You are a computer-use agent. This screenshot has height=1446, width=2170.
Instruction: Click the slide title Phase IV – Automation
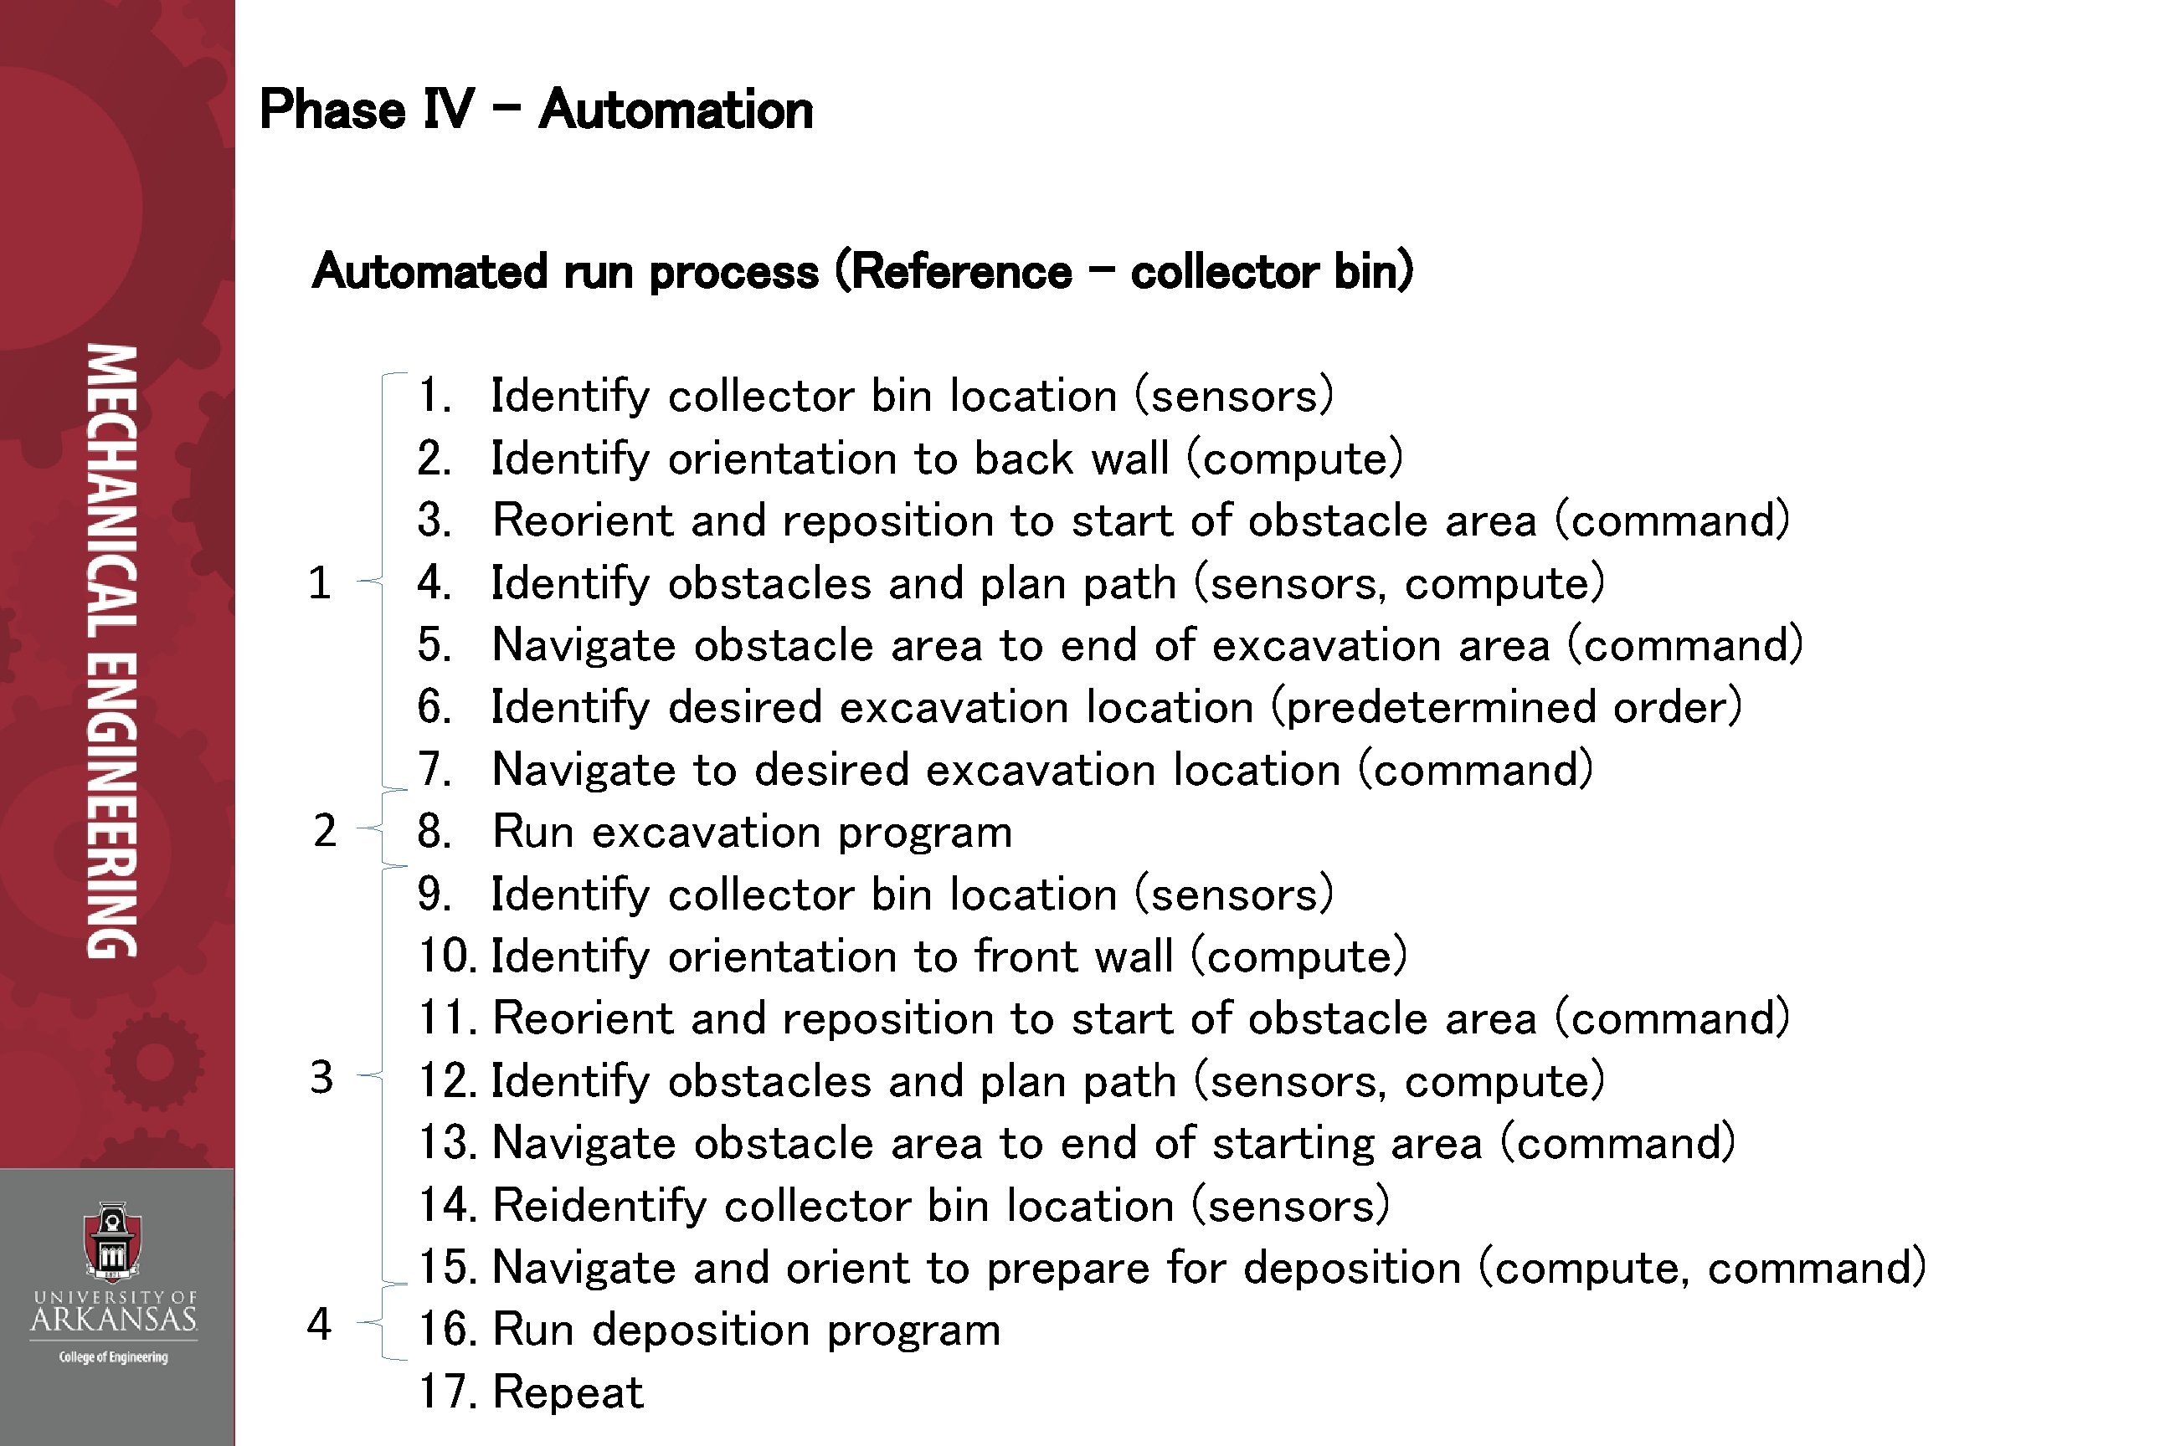point(536,110)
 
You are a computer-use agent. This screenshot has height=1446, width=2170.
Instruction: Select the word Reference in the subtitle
point(960,272)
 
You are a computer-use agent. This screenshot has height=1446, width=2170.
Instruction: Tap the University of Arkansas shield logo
point(112,1241)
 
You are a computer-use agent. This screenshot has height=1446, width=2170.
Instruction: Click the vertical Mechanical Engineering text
point(112,651)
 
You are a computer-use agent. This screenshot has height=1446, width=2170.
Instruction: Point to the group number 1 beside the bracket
point(319,582)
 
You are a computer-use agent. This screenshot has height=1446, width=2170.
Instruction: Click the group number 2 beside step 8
point(324,831)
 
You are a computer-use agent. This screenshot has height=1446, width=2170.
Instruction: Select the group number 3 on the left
point(321,1077)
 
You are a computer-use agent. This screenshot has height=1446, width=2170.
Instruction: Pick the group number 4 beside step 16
point(319,1325)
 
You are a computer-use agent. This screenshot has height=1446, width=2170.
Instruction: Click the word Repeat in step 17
point(568,1392)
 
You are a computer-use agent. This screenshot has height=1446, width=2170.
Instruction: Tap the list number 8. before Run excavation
point(435,832)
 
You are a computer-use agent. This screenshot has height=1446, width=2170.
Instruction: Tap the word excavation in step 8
point(706,832)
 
